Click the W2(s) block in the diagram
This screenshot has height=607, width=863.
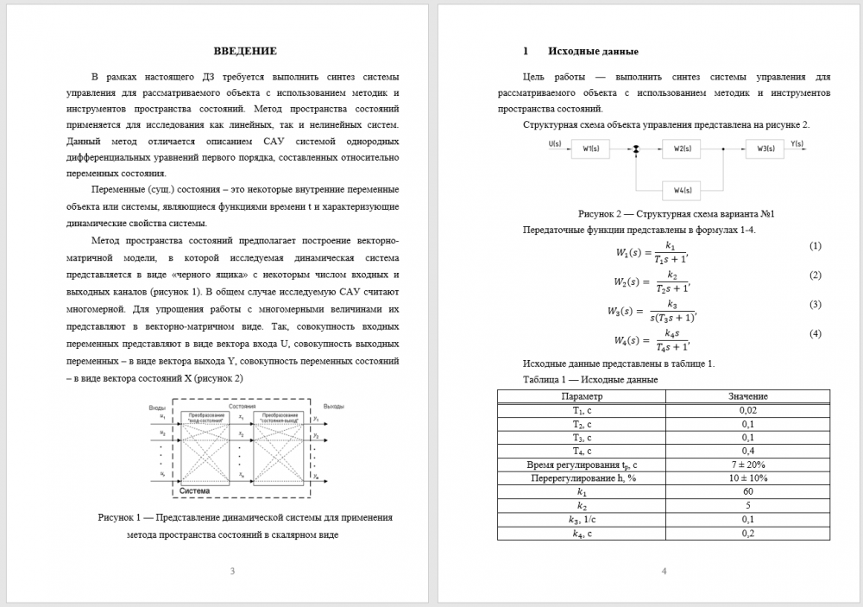[x=682, y=149]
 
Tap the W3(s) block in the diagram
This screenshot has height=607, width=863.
[x=765, y=149]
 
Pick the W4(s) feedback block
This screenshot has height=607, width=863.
[x=682, y=189]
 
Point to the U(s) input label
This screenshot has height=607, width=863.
[x=555, y=142]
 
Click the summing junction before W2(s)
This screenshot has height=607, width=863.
[x=636, y=149]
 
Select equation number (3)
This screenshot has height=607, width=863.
[x=815, y=305]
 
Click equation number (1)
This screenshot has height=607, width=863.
[x=815, y=246]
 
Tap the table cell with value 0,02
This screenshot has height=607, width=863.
[x=747, y=410]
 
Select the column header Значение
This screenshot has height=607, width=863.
[x=747, y=396]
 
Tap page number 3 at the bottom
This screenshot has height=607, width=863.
[x=233, y=572]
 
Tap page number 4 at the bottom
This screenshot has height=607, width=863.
[x=664, y=572]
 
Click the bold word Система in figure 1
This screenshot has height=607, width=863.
[x=194, y=490]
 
